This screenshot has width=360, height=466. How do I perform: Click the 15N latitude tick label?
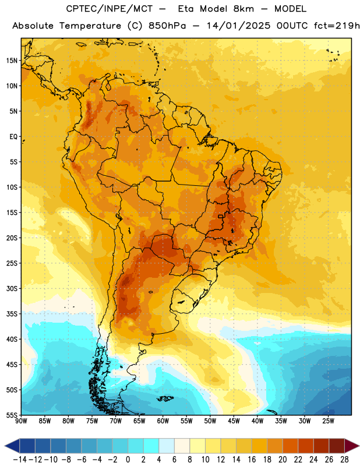(x=12, y=61)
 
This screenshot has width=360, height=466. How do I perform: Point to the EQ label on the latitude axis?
(x=13, y=137)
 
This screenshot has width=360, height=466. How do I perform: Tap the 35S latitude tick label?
(x=12, y=314)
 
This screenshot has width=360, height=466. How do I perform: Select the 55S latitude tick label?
(x=12, y=415)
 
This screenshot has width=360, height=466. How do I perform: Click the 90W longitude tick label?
(x=21, y=421)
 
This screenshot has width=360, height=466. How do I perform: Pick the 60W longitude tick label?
(x=163, y=421)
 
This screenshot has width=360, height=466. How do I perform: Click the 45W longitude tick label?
(x=234, y=421)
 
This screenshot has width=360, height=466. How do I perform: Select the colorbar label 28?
(x=344, y=460)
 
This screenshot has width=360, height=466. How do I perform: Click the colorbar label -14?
(x=20, y=460)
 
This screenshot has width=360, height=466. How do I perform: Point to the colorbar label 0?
(x=128, y=460)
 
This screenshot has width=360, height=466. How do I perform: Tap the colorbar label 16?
(x=252, y=460)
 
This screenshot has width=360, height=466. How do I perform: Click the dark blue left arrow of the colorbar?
(x=12, y=446)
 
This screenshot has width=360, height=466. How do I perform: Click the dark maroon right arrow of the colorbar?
(x=352, y=446)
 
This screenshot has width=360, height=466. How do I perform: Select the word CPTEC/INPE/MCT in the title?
(x=109, y=9)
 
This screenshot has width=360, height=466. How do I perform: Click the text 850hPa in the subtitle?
(x=167, y=26)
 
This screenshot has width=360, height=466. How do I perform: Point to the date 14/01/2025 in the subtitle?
(x=238, y=26)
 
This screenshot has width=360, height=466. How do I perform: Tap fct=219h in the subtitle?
(x=337, y=26)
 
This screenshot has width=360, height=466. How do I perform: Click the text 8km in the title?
(x=243, y=9)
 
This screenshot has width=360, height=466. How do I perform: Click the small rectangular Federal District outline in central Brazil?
(x=221, y=216)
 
